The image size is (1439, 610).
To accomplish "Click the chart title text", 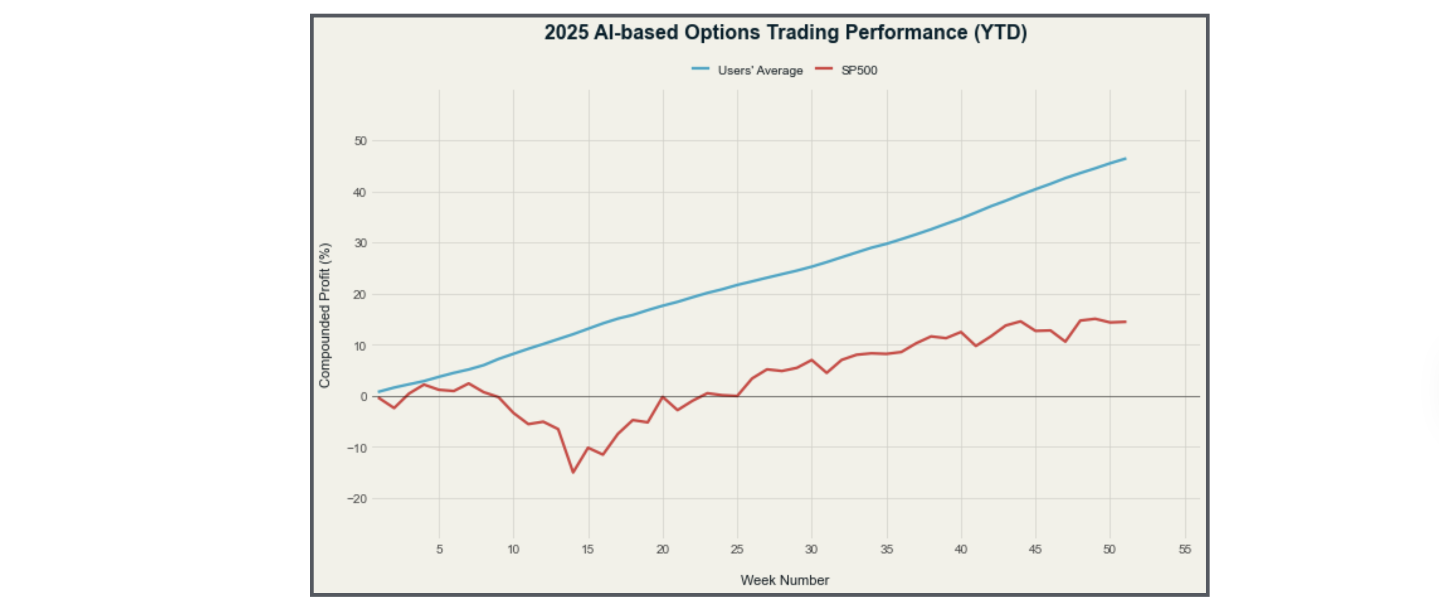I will click(x=785, y=33).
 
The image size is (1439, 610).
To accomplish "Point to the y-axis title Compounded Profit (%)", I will click(x=325, y=315).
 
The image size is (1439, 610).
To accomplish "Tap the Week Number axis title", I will click(x=785, y=580).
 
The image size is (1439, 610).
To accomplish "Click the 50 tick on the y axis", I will click(x=360, y=141).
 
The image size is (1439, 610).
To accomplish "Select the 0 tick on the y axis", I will click(x=364, y=397).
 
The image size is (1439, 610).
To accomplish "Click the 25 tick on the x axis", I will click(x=737, y=550).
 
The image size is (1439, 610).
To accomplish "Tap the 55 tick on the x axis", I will click(x=1185, y=550).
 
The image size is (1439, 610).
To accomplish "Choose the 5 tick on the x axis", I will click(x=439, y=550).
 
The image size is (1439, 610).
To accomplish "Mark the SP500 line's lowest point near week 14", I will click(x=573, y=472).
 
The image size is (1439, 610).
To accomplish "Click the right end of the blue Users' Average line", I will click(x=1125, y=159).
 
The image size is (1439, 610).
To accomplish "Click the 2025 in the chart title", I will click(x=566, y=33).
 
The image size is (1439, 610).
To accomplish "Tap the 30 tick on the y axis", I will click(x=360, y=243).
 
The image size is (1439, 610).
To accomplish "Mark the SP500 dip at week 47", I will click(x=1065, y=342).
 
